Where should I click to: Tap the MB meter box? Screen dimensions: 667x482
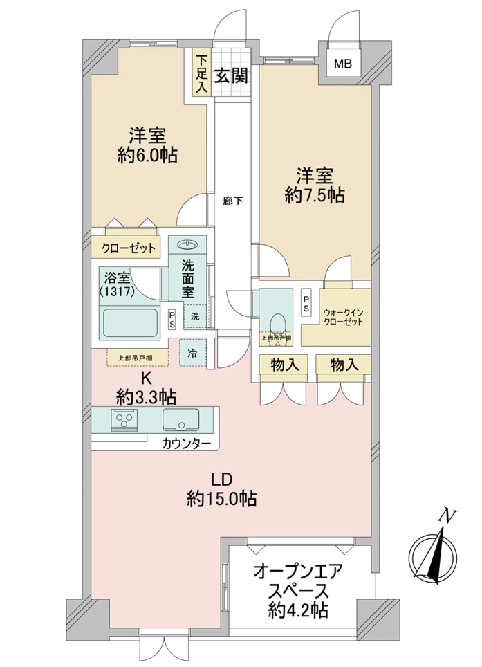pos(343,65)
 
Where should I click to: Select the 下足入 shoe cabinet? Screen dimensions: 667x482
pos(201,74)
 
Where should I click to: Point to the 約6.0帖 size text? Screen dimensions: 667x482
pos(147,155)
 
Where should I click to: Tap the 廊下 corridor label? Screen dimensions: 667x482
pos(232,202)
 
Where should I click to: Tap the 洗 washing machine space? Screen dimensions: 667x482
pos(195,316)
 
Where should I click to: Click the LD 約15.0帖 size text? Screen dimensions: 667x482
pos(222,498)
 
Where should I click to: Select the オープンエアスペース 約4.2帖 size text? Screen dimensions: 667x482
pos(299,610)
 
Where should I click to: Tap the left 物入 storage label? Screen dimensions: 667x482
pos(285,364)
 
